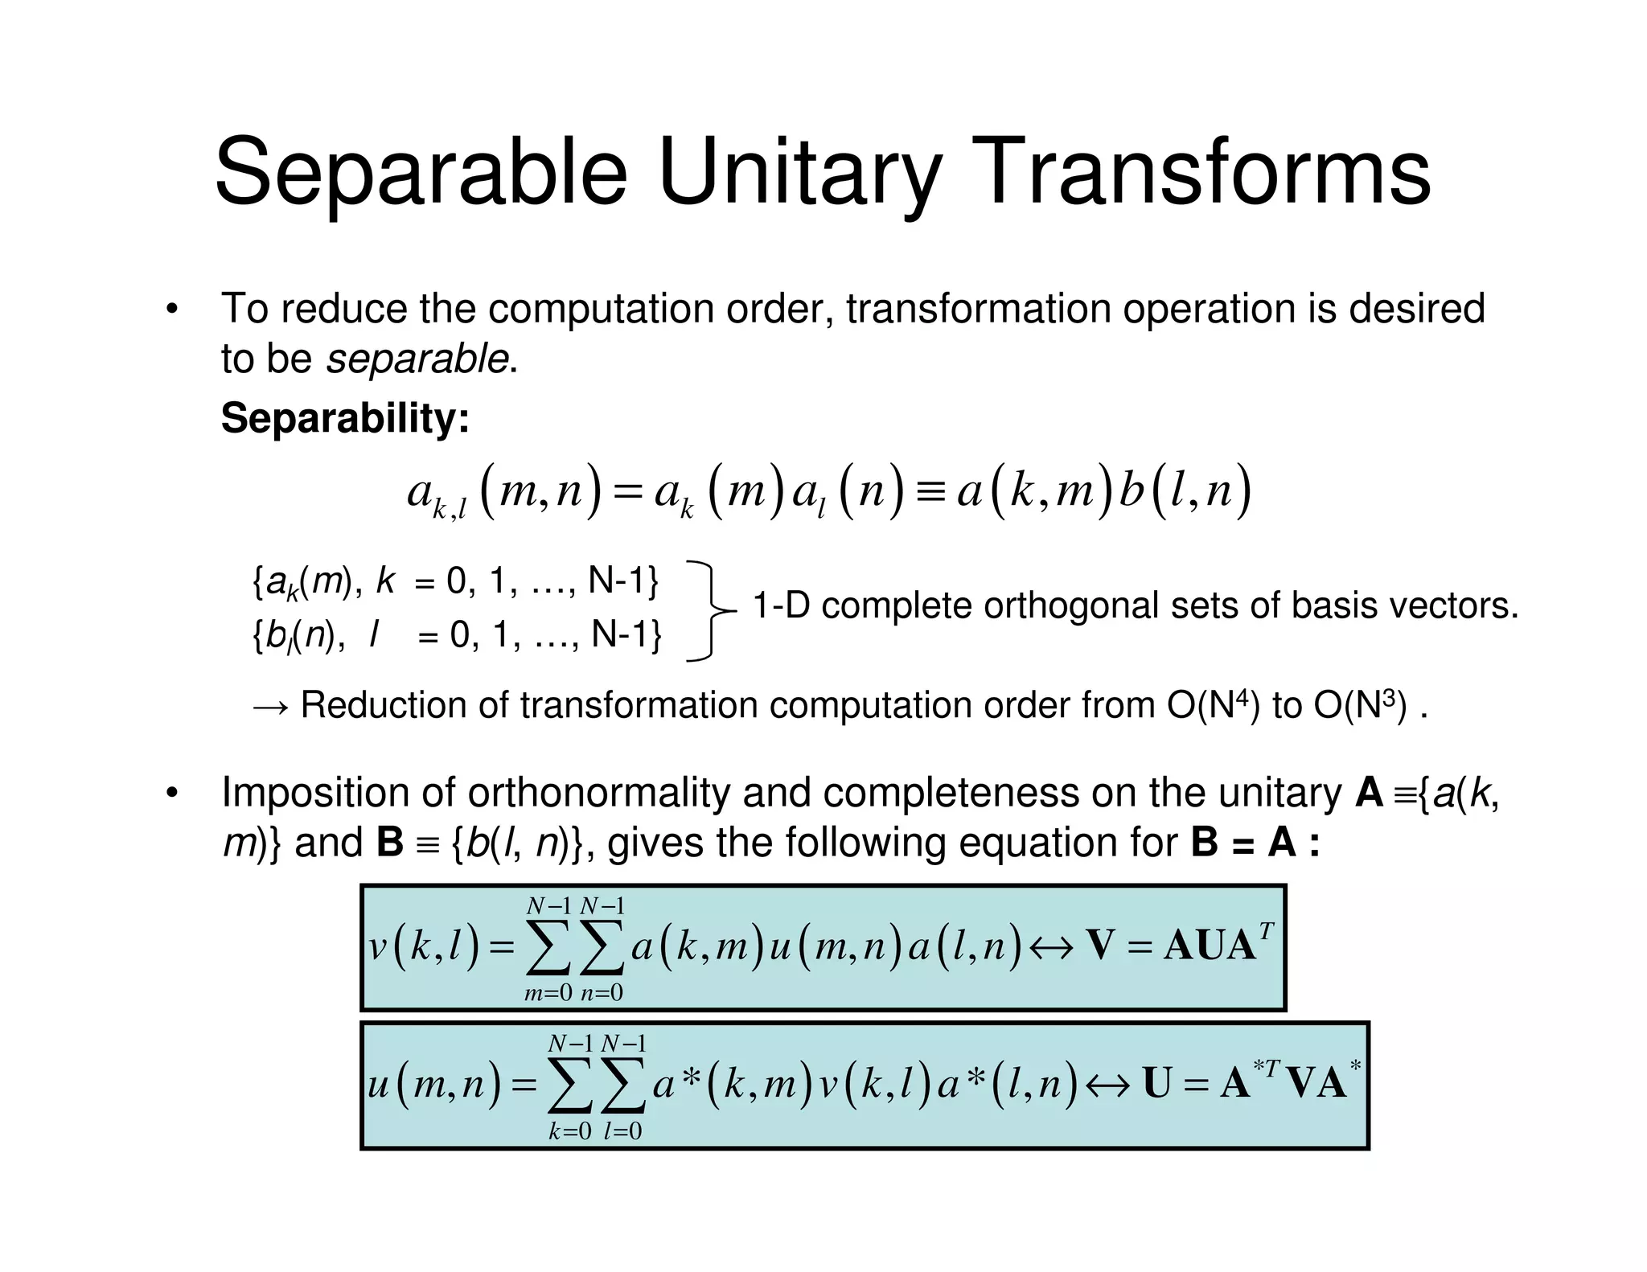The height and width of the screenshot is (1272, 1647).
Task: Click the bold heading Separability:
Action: pos(345,418)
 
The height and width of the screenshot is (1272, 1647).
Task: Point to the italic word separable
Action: pos(417,359)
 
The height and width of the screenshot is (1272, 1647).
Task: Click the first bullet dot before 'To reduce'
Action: pos(171,310)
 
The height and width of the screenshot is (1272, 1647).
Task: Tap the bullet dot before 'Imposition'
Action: pos(171,794)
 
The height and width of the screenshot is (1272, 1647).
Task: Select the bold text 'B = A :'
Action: pos(1255,843)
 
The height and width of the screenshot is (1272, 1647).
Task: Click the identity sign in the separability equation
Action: pos(930,490)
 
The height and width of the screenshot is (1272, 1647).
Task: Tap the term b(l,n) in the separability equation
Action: pos(1185,490)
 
